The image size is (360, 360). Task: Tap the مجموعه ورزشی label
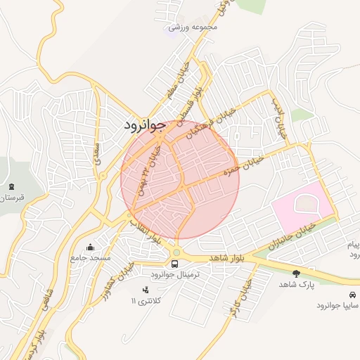195,27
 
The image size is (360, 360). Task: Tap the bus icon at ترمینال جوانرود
174,263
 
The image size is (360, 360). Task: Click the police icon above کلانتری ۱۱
146,290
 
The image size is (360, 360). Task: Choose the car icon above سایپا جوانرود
351,295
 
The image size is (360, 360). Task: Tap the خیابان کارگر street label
237,298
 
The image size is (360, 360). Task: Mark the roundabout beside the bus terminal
176,252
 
